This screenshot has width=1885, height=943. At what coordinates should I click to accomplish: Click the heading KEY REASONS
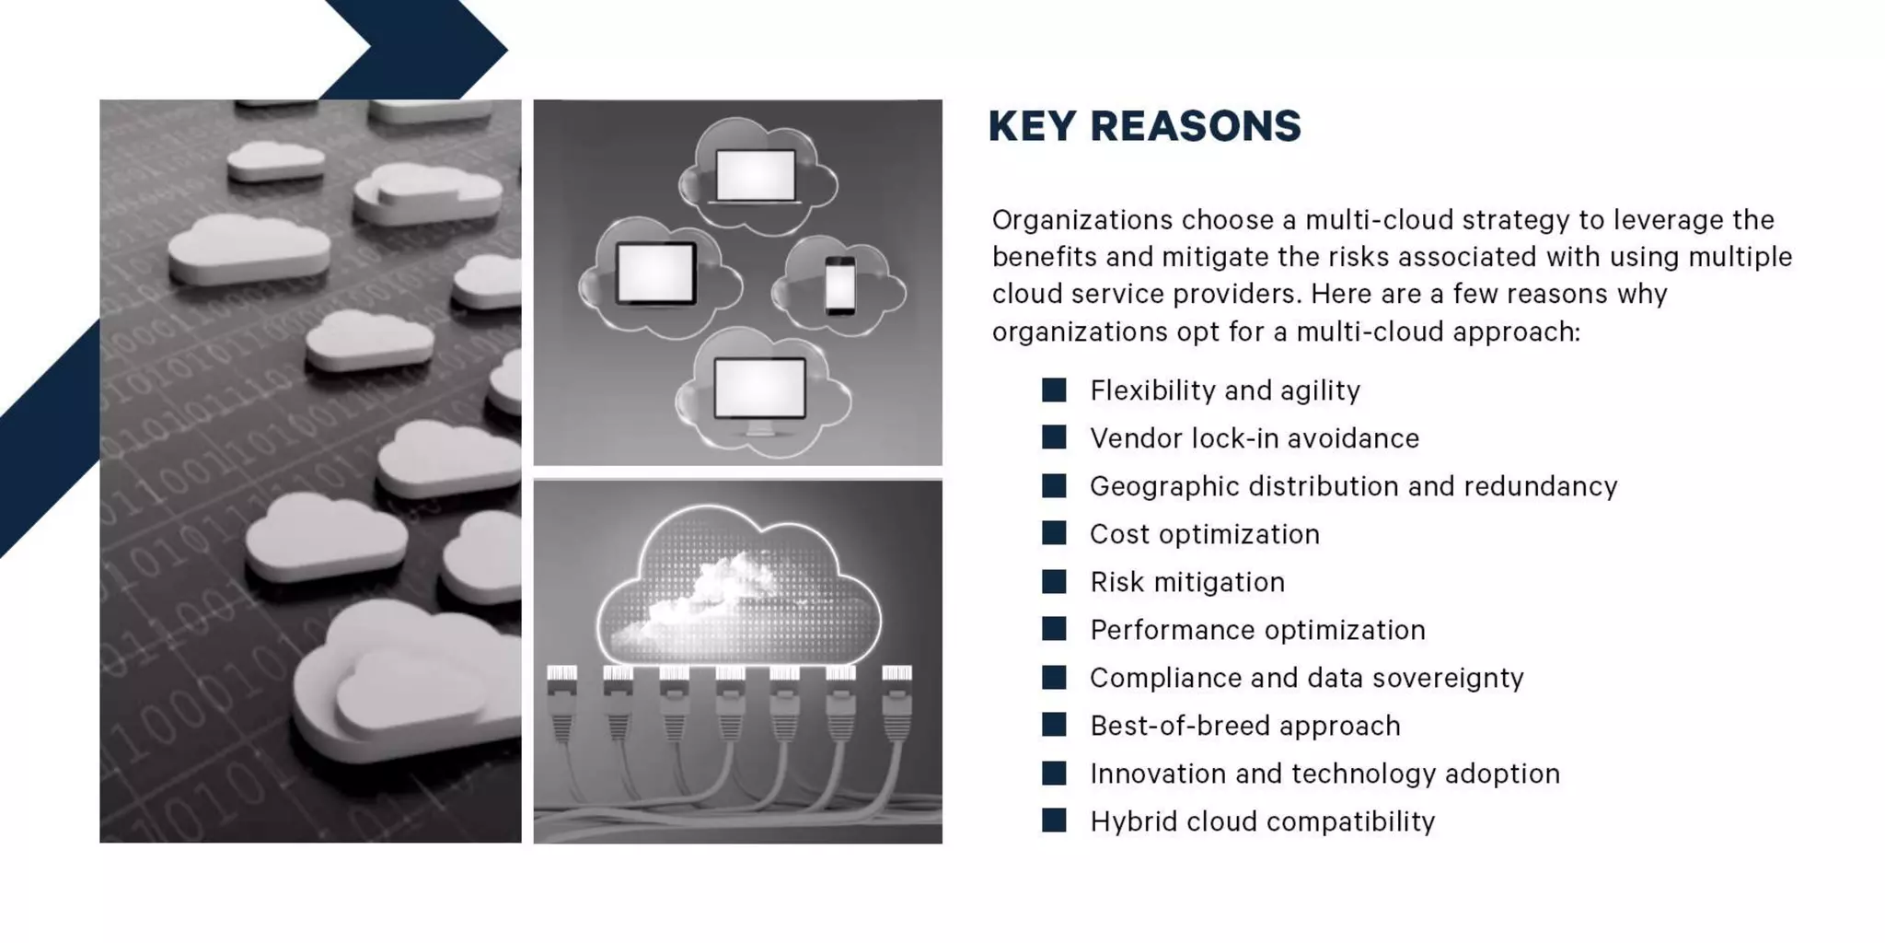[1144, 126]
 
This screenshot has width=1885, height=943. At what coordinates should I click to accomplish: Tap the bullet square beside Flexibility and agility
[1054, 390]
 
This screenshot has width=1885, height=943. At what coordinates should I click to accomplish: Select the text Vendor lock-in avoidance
[1254, 438]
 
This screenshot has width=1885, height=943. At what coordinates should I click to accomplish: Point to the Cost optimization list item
[1204, 534]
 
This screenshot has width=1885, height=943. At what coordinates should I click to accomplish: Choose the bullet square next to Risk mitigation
[1054, 581]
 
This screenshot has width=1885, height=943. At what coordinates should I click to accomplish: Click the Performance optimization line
[1257, 630]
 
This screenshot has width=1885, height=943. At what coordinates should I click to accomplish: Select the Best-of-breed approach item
[1244, 726]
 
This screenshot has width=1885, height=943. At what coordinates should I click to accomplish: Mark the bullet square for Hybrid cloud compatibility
[1054, 820]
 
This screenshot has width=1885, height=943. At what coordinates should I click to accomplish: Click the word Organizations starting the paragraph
[1081, 220]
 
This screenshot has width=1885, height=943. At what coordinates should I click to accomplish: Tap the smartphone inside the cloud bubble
[839, 285]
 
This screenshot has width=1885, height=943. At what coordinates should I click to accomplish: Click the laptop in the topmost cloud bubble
[756, 175]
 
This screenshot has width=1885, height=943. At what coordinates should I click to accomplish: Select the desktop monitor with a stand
[760, 391]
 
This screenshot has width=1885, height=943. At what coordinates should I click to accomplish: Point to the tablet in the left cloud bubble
[655, 274]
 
